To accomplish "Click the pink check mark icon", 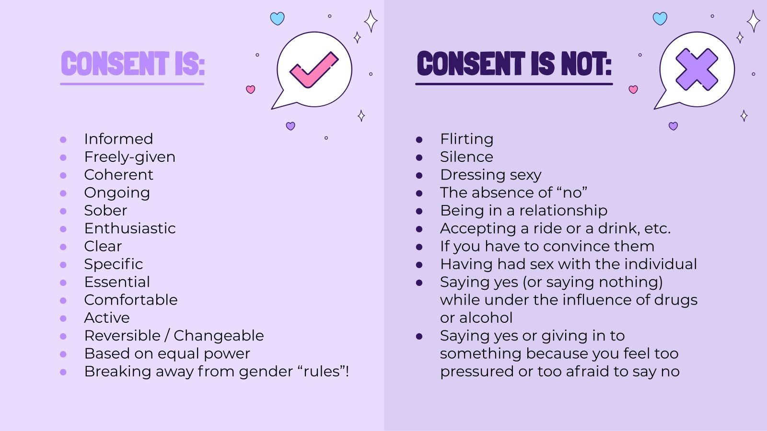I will pyautogui.click(x=314, y=70).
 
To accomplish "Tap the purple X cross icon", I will pyautogui.click(x=697, y=70).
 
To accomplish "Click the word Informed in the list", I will pyautogui.click(x=118, y=139).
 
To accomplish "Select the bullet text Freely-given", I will pyautogui.click(x=129, y=157).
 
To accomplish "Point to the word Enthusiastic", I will pyautogui.click(x=129, y=228).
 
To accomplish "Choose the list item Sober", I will pyautogui.click(x=105, y=210).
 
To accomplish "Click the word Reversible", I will pyautogui.click(x=122, y=335).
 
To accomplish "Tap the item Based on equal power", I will pyautogui.click(x=167, y=353).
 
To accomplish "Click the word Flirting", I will pyautogui.click(x=466, y=139).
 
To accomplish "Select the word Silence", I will pyautogui.click(x=466, y=157).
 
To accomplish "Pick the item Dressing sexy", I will pyautogui.click(x=490, y=175).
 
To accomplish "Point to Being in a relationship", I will pyautogui.click(x=523, y=210).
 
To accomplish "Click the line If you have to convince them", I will pyautogui.click(x=547, y=246).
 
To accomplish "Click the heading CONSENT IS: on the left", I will pyautogui.click(x=133, y=64).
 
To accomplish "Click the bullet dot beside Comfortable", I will pyautogui.click(x=63, y=301).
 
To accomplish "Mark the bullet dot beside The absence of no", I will pyautogui.click(x=419, y=193).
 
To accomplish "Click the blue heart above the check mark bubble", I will pyautogui.click(x=277, y=19).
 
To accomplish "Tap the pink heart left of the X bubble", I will pyautogui.click(x=633, y=90).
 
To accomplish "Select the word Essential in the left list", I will pyautogui.click(x=117, y=282).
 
